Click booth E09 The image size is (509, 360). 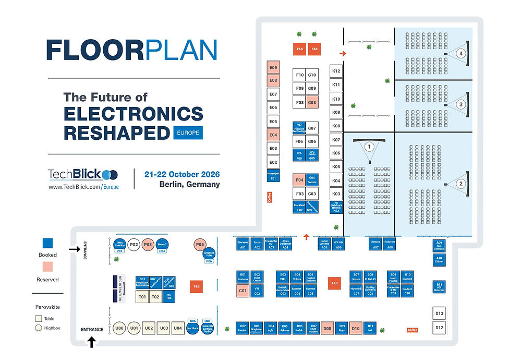[x=273, y=68]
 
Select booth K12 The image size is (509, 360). [x=336, y=71]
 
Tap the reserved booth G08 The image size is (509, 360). [x=312, y=103]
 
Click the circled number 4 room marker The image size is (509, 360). [x=460, y=53]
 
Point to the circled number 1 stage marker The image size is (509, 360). [x=369, y=147]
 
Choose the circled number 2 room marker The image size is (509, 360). [x=460, y=183]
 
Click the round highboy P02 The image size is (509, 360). [x=134, y=244]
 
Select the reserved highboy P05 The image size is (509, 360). [x=200, y=244]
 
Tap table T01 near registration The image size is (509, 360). [x=142, y=297]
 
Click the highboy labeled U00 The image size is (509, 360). [x=119, y=328]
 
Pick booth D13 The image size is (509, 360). [x=439, y=314]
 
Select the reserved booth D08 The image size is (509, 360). [x=327, y=328]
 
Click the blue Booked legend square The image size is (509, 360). [x=48, y=243]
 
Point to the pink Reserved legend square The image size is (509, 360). [x=48, y=267]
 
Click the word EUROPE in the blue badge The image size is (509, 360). [x=188, y=133]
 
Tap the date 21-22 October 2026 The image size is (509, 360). [x=183, y=174]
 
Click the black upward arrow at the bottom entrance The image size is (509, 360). [x=92, y=342]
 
